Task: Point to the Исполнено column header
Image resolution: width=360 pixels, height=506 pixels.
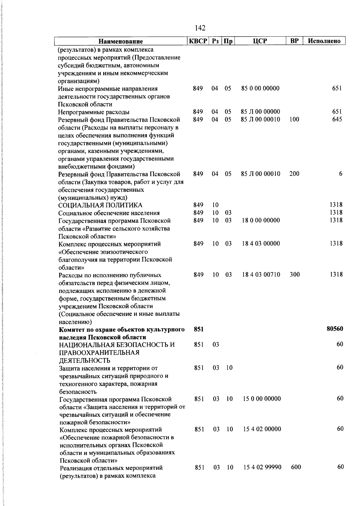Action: click(x=324, y=41)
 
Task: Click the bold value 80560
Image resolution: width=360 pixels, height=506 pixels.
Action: click(x=335, y=329)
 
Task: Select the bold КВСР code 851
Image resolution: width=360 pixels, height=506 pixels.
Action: click(x=199, y=329)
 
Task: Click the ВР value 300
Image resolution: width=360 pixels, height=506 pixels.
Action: click(x=295, y=274)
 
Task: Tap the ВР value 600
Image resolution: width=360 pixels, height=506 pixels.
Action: click(x=296, y=467)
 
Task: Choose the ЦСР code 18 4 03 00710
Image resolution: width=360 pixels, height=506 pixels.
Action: click(x=261, y=274)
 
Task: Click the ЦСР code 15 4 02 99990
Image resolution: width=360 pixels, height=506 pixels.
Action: click(x=262, y=467)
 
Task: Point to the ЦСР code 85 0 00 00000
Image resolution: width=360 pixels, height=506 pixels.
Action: click(x=260, y=88)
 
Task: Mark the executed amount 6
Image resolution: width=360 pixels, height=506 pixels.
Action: click(x=341, y=174)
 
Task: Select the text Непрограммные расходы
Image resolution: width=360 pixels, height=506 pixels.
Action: click(x=94, y=112)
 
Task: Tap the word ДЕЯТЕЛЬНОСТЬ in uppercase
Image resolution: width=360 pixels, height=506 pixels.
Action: click(x=85, y=360)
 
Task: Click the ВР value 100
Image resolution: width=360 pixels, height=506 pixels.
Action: click(x=294, y=119)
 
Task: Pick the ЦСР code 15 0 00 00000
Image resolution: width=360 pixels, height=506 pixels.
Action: click(x=262, y=399)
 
